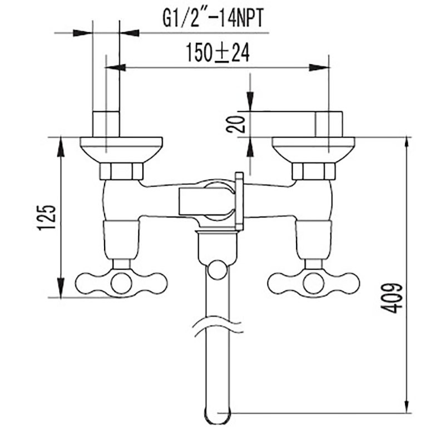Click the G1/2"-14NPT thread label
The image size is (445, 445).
point(213,18)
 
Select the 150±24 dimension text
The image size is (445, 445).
point(217,53)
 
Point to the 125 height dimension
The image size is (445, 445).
point(47,217)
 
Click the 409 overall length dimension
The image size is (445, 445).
point(392,298)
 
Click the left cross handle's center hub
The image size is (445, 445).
point(121,284)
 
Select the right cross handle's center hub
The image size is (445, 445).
point(313,284)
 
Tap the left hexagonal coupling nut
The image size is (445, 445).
point(121,171)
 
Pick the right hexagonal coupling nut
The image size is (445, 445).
point(314,171)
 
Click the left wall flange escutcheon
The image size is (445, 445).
point(121,150)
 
